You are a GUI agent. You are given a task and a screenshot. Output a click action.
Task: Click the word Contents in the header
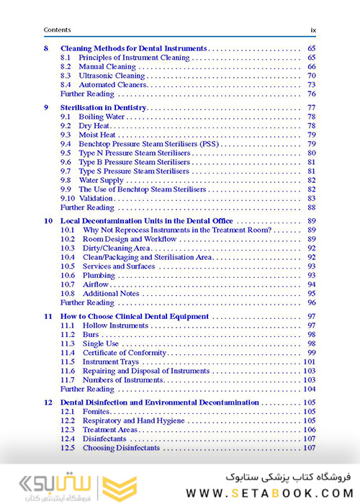[x=57, y=30]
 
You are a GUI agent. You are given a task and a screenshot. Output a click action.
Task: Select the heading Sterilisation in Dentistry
[x=103, y=107]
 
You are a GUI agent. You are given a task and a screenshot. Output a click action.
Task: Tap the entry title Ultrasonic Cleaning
[x=112, y=76]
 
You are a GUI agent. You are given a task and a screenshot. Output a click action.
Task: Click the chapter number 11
[x=48, y=317]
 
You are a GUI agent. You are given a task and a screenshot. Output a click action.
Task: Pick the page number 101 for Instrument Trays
[x=310, y=362]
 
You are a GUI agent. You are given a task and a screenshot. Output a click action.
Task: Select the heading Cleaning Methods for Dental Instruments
[x=133, y=48]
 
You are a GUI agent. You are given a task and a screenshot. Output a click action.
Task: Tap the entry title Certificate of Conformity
[x=125, y=353]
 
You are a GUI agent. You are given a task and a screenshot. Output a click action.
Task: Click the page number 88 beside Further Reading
[x=312, y=207]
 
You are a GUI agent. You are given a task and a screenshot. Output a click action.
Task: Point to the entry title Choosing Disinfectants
[x=121, y=448]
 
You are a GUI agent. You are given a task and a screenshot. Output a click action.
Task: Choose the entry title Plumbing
[x=99, y=275]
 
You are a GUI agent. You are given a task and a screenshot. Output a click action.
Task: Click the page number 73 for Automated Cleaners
[x=312, y=85]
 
